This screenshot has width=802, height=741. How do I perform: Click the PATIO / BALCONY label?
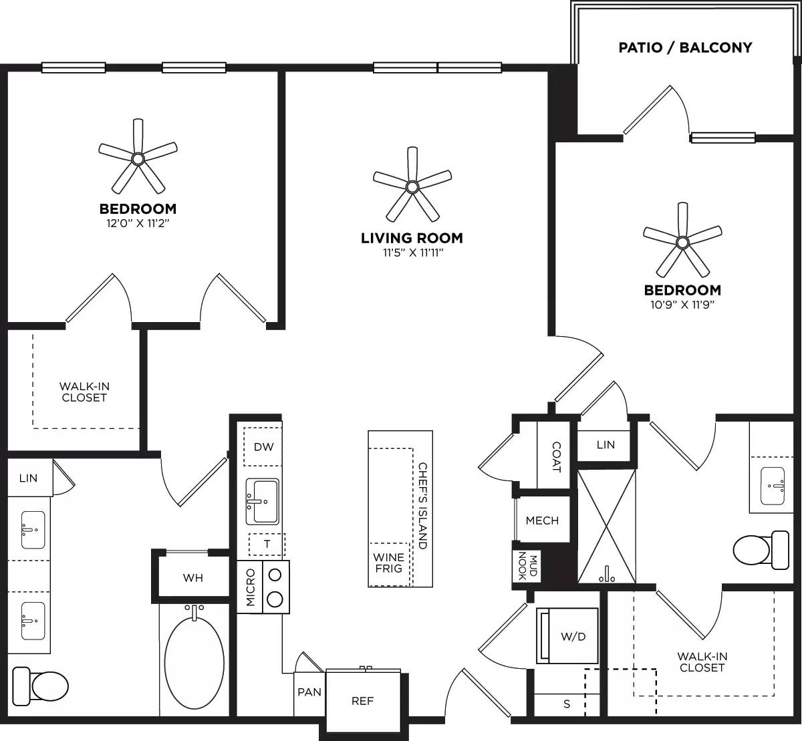click(x=685, y=47)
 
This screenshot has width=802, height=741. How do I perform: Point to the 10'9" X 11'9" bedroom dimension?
click(x=682, y=305)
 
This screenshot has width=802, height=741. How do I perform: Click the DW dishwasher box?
click(x=263, y=447)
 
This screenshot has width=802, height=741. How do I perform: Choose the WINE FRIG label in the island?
click(x=388, y=563)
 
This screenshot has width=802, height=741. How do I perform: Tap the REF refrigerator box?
click(x=362, y=701)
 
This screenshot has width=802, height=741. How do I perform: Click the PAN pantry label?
click(x=309, y=692)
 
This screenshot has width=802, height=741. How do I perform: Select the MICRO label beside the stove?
click(x=251, y=587)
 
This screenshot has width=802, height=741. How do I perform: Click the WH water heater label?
click(x=193, y=577)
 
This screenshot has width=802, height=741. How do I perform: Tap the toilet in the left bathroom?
click(x=41, y=684)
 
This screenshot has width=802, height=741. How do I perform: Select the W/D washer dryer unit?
click(x=567, y=636)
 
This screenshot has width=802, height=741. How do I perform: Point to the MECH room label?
click(x=542, y=521)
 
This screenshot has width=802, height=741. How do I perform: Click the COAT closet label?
click(x=556, y=456)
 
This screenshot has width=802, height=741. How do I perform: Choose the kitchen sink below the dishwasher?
click(x=262, y=501)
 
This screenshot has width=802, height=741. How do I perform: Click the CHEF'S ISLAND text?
click(x=422, y=506)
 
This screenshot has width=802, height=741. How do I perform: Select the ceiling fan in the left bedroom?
click(x=138, y=158)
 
